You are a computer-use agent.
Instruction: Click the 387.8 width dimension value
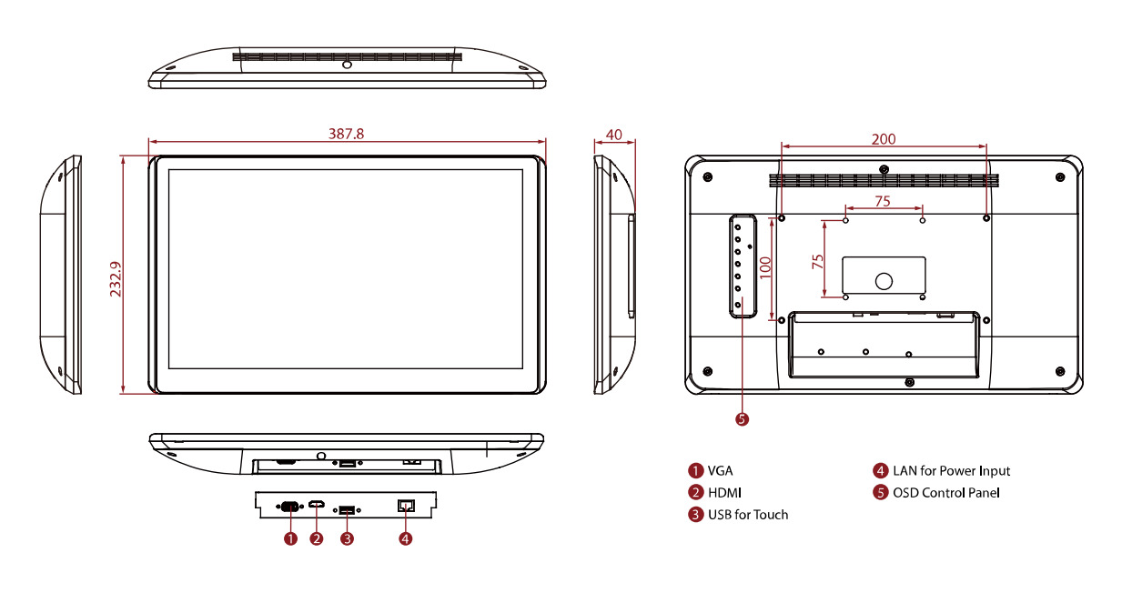point(346,134)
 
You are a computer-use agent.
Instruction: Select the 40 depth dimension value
point(614,135)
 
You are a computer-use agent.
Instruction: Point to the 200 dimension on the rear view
point(884,139)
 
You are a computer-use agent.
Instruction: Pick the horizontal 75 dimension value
point(883,201)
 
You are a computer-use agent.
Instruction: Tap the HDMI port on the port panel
point(317,506)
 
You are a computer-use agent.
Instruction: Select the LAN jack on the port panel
point(406,506)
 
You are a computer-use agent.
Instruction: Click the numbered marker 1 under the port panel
point(290,538)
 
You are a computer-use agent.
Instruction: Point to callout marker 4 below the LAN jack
point(406,538)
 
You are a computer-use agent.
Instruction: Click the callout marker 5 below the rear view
point(742,419)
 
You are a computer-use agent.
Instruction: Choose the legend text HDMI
point(725,493)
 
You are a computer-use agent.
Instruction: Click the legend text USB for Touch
point(748,515)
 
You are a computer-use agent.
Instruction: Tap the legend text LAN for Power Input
point(951,471)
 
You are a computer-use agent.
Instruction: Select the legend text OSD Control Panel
point(945,493)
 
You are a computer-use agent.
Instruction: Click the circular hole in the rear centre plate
point(884,281)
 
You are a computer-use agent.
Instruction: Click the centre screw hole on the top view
point(347,65)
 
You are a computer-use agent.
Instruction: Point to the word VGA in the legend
point(721,471)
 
